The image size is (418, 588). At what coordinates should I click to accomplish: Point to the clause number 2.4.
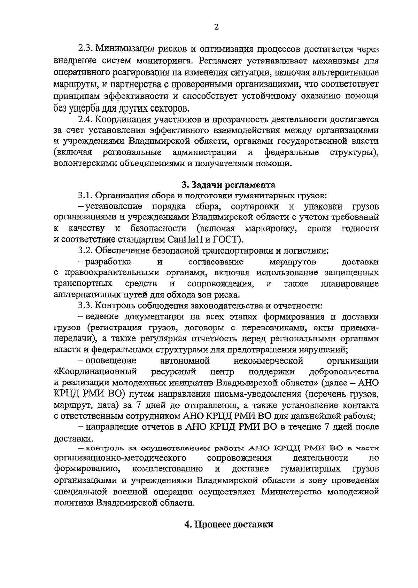tap(85, 120)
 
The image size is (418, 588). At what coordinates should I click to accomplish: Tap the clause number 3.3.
tap(85, 305)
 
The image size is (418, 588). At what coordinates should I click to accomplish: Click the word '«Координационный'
tap(95, 372)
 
